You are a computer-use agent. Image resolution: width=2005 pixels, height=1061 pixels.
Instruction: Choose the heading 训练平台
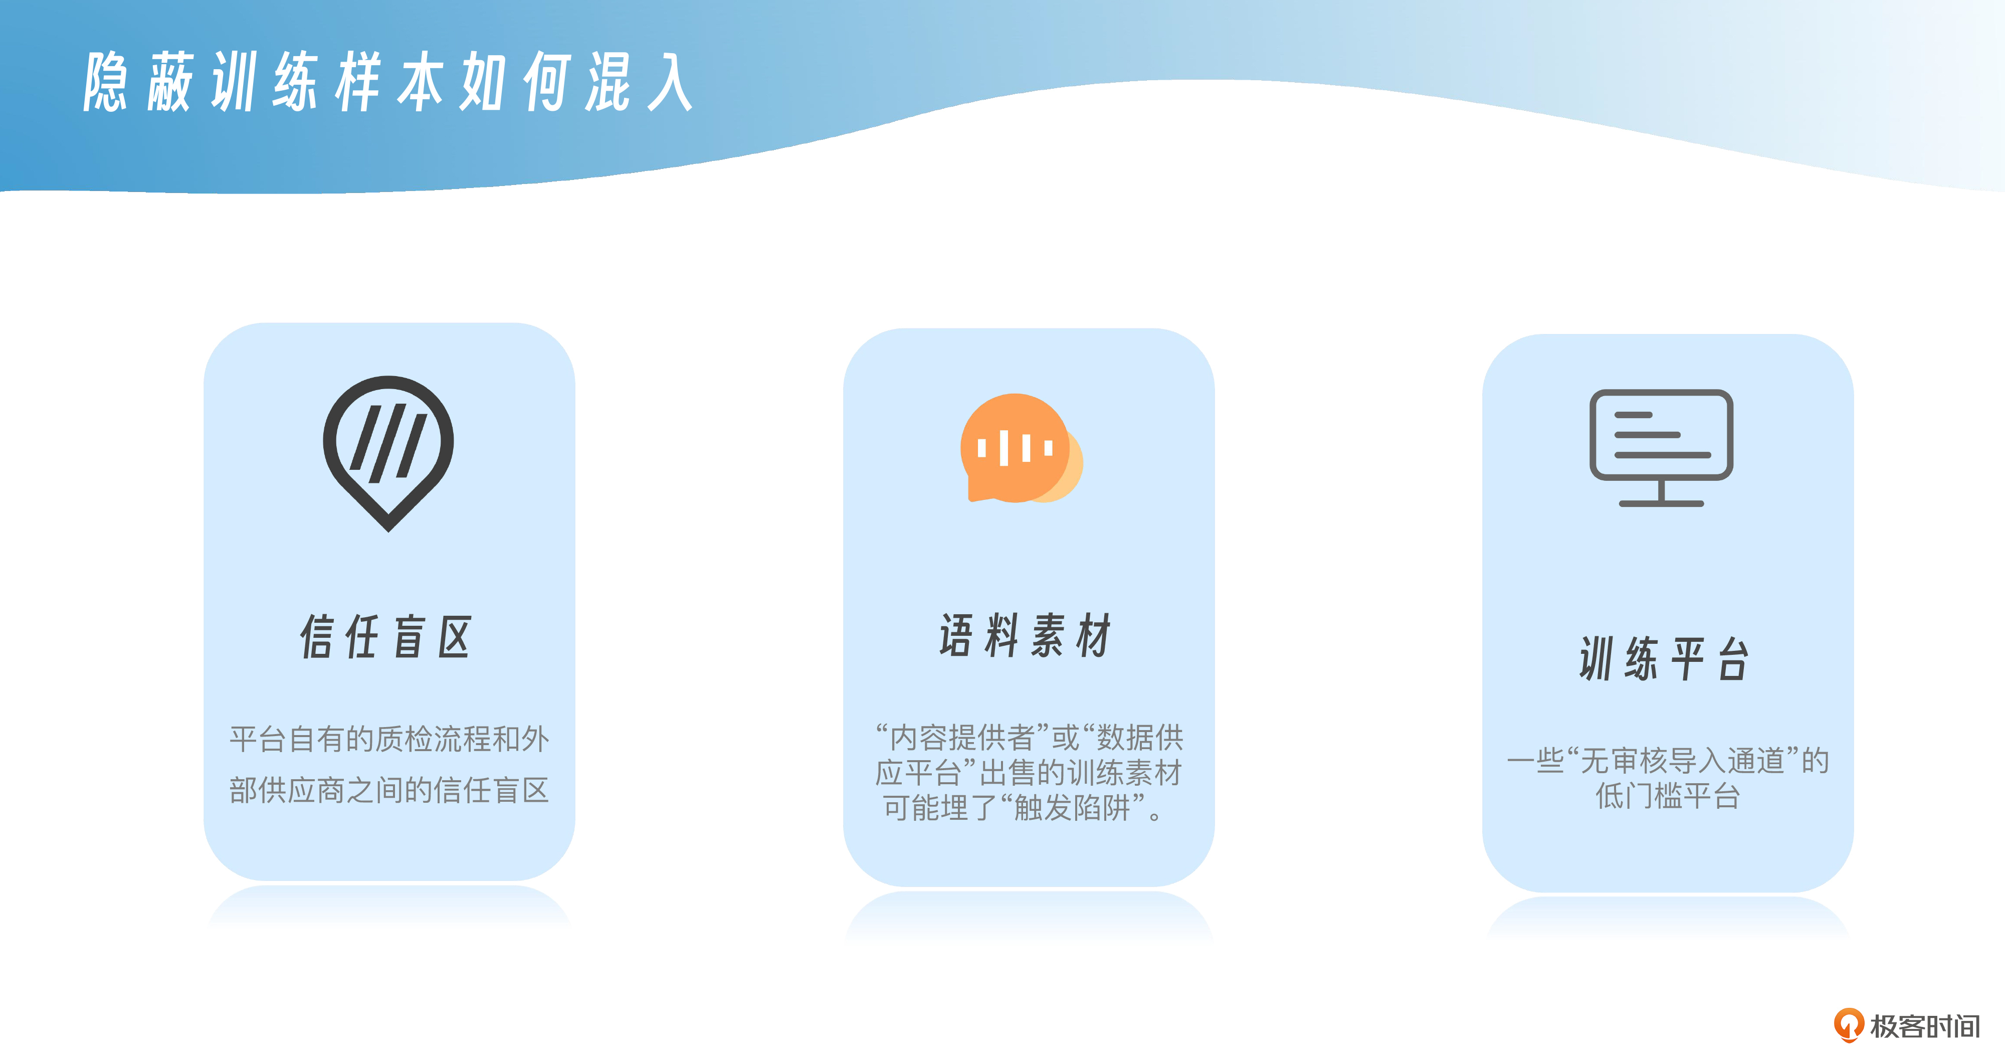[1665, 658]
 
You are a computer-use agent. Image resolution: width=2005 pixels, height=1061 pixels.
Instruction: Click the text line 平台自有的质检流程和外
[389, 739]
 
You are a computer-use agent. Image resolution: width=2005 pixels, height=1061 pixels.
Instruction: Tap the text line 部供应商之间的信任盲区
[389, 790]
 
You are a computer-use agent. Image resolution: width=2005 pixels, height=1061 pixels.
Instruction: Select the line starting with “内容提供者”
[1029, 737]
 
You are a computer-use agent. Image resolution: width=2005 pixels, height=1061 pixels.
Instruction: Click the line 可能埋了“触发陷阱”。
[1023, 808]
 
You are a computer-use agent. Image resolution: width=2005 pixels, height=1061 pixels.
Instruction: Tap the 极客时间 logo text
[1925, 1026]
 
